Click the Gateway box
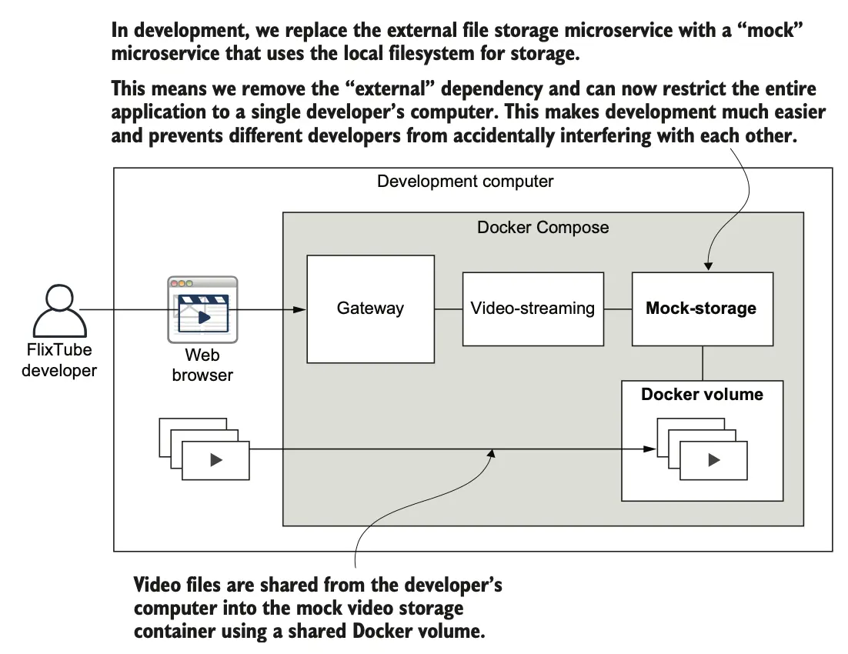(x=370, y=309)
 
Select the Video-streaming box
(x=533, y=309)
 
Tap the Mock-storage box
(x=701, y=309)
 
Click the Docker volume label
(x=702, y=395)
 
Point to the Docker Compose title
(x=543, y=228)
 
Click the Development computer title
(x=465, y=182)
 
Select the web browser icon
(x=202, y=309)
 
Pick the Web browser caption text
(x=202, y=365)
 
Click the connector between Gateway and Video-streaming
(x=448, y=309)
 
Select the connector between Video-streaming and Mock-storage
(x=617, y=309)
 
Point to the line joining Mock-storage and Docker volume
(x=703, y=363)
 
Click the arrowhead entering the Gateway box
(x=301, y=310)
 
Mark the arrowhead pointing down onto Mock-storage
(x=709, y=266)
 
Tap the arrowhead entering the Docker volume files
(x=646, y=450)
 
